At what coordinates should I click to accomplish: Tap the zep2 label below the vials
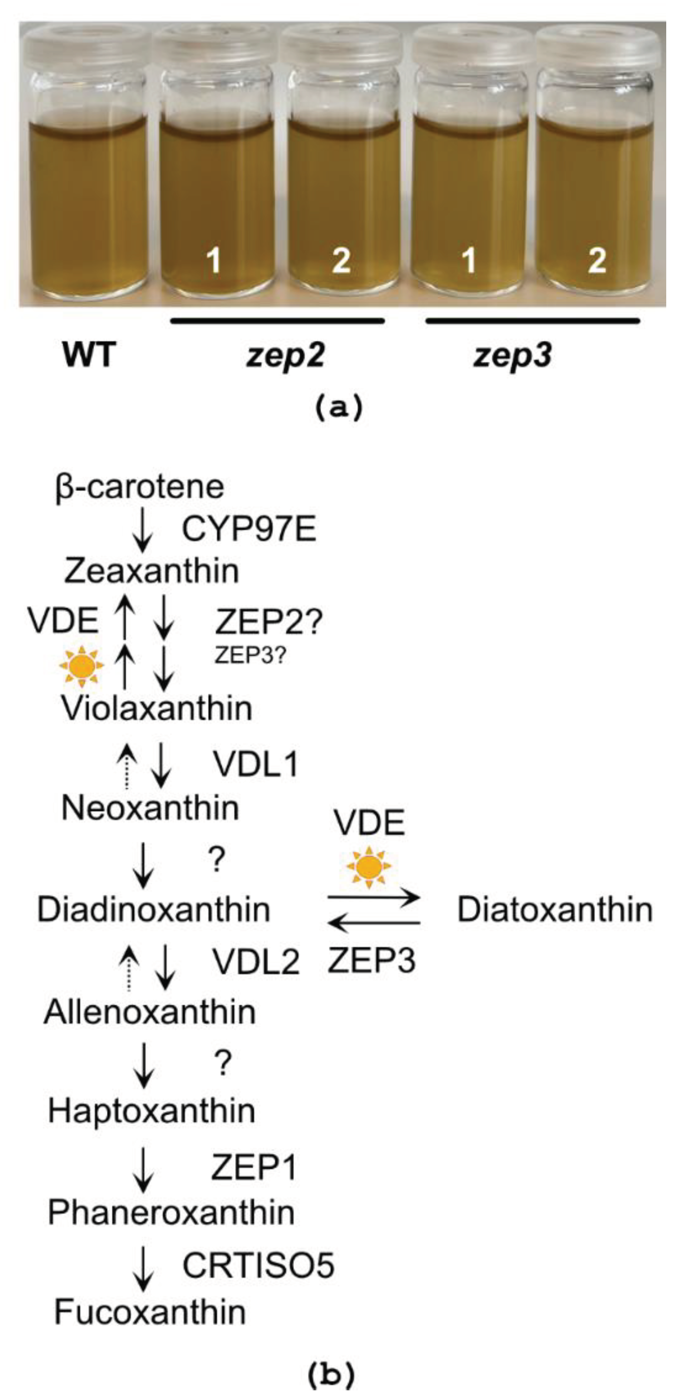(x=285, y=356)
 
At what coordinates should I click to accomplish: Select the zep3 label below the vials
(x=513, y=356)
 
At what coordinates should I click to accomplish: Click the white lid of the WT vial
(x=87, y=46)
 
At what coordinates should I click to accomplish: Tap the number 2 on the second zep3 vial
(x=596, y=261)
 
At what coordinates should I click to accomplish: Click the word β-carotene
(x=140, y=487)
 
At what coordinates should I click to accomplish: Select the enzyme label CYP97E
(x=249, y=529)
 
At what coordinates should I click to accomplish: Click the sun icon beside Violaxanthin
(x=82, y=666)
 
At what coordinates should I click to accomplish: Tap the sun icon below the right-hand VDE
(x=369, y=867)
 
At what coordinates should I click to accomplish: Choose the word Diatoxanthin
(x=555, y=910)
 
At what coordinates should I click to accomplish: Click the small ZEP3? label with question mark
(x=250, y=656)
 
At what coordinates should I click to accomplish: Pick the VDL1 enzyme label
(x=255, y=765)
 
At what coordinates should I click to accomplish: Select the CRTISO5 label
(x=258, y=1265)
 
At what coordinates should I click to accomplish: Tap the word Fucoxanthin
(x=150, y=1313)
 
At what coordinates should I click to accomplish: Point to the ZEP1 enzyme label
(x=254, y=1167)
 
